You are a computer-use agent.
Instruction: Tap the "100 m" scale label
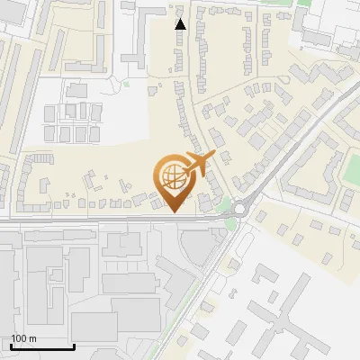pyautogui.click(x=24, y=338)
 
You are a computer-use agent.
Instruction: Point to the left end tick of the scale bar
pyautogui.click(x=11, y=345)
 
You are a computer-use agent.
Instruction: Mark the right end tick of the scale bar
pyautogui.click(x=74, y=345)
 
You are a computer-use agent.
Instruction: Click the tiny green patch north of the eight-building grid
pyautogui.click(x=126, y=85)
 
